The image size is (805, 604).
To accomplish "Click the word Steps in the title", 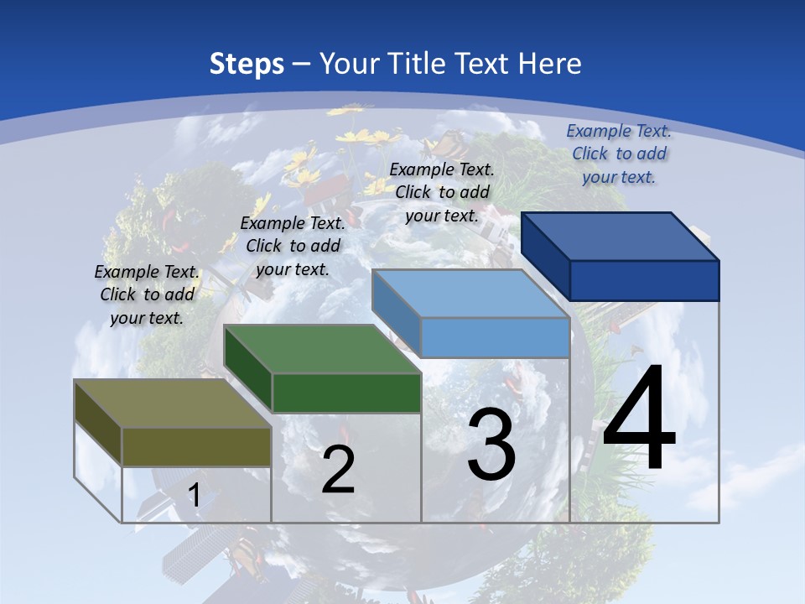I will [x=247, y=64].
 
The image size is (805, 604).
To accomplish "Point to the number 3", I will [x=491, y=445].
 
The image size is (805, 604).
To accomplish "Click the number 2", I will [x=338, y=470].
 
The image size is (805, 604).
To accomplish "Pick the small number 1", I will [x=194, y=496].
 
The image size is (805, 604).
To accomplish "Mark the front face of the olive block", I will [x=196, y=446].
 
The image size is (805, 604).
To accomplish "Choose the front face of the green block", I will [x=346, y=393].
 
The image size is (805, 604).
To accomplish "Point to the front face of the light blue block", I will [x=495, y=337].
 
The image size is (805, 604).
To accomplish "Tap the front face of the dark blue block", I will [x=644, y=280].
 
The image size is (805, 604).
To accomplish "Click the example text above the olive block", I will [x=147, y=294].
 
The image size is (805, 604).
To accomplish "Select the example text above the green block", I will [x=293, y=246].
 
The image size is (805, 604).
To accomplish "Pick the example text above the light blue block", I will [x=442, y=192].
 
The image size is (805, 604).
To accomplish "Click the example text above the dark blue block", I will [x=619, y=154].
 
